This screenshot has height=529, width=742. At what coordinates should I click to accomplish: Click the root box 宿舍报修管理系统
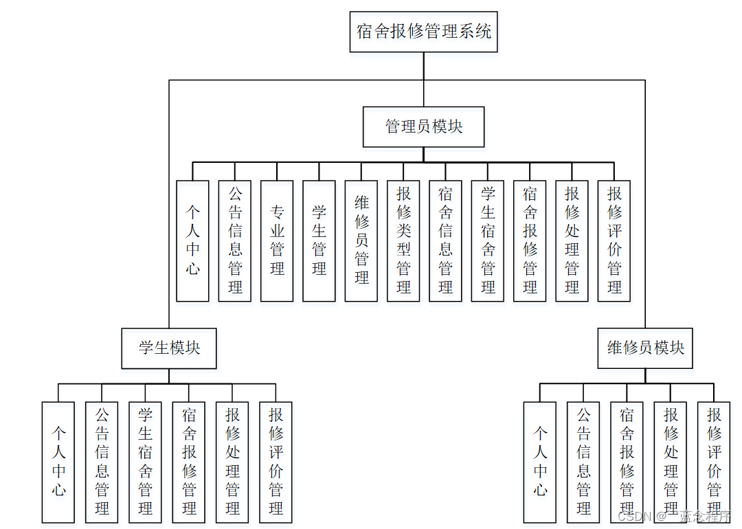point(423,32)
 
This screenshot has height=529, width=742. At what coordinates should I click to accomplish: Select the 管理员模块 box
point(423,127)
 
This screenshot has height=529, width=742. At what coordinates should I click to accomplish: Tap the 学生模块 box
point(169,348)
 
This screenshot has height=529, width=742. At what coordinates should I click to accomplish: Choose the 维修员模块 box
point(645,348)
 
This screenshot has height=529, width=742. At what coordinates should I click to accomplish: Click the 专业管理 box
point(277,240)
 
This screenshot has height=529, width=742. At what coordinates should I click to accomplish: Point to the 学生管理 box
point(319,240)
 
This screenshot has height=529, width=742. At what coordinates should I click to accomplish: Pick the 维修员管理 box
point(361,240)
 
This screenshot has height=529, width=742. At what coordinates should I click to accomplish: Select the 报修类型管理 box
point(403,240)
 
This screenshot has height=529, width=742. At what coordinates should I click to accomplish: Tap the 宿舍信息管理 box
point(445,240)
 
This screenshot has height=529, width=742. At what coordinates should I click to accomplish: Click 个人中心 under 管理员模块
point(192,240)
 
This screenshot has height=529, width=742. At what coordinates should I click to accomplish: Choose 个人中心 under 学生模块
point(58,462)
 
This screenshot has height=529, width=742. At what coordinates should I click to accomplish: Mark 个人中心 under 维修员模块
point(540,462)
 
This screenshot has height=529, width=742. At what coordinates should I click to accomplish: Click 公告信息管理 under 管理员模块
point(235,240)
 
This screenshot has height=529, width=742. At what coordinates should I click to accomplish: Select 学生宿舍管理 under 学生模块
point(145,462)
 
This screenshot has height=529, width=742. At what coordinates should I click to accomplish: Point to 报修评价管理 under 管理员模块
point(614,240)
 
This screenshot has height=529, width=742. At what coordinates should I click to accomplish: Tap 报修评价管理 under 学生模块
point(276,462)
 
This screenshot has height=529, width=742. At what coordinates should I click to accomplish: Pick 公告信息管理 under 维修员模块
point(583,462)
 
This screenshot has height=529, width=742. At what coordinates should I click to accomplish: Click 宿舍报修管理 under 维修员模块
point(627,462)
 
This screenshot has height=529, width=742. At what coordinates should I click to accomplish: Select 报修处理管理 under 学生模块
point(232,462)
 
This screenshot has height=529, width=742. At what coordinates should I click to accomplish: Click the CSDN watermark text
point(634,516)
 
